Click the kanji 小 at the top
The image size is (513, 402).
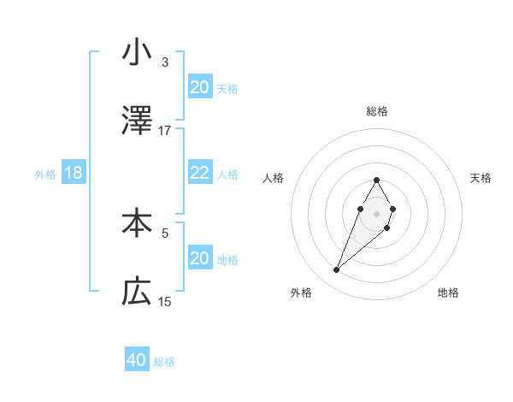coord(137,52)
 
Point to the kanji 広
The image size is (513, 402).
coord(137,293)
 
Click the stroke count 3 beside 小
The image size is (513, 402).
coord(164,62)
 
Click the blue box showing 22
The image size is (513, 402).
coord(200,173)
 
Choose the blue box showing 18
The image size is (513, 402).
coord(73,173)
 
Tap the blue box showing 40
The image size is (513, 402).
coord(137,360)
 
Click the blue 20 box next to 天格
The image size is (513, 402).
coord(200,87)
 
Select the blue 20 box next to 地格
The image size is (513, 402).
coord(200,258)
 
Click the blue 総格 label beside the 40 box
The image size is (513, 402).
coord(164,362)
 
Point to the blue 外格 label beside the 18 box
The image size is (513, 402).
coord(45,174)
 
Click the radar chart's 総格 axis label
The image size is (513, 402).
coord(377,111)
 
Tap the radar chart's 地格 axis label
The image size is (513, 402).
coord(448,293)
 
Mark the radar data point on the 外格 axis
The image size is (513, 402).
coord(337,270)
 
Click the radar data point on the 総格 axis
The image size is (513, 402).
coord(376,180)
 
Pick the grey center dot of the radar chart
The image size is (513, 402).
coord(376,212)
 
